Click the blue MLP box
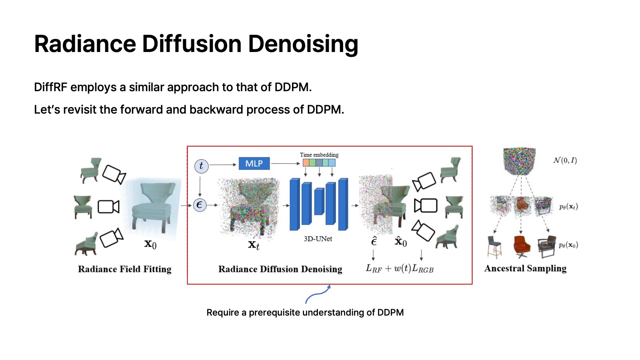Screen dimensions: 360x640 pyautogui.click(x=254, y=164)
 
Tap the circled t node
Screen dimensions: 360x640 pyautogui.click(x=201, y=166)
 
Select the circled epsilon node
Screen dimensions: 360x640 pyautogui.click(x=200, y=205)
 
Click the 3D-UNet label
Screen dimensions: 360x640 pyautogui.click(x=318, y=239)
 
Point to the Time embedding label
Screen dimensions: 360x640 pyautogui.click(x=319, y=155)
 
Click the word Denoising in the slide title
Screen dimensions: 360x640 pyautogui.click(x=303, y=44)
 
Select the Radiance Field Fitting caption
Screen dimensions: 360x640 pyautogui.click(x=124, y=269)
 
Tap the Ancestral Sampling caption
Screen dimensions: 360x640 pyautogui.click(x=525, y=268)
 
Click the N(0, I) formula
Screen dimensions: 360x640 pyautogui.click(x=565, y=160)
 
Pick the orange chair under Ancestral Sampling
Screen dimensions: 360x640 pyautogui.click(x=522, y=246)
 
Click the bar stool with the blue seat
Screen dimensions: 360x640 pyautogui.click(x=494, y=246)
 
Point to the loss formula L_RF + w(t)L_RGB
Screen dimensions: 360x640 pyautogui.click(x=400, y=268)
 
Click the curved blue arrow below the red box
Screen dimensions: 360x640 pyautogui.click(x=318, y=294)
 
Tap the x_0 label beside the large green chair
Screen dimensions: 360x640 pyautogui.click(x=150, y=244)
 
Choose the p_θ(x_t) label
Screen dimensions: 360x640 pyautogui.click(x=568, y=207)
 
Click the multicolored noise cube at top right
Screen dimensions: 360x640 pyautogui.click(x=519, y=161)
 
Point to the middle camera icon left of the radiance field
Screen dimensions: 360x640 pyautogui.click(x=108, y=207)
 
